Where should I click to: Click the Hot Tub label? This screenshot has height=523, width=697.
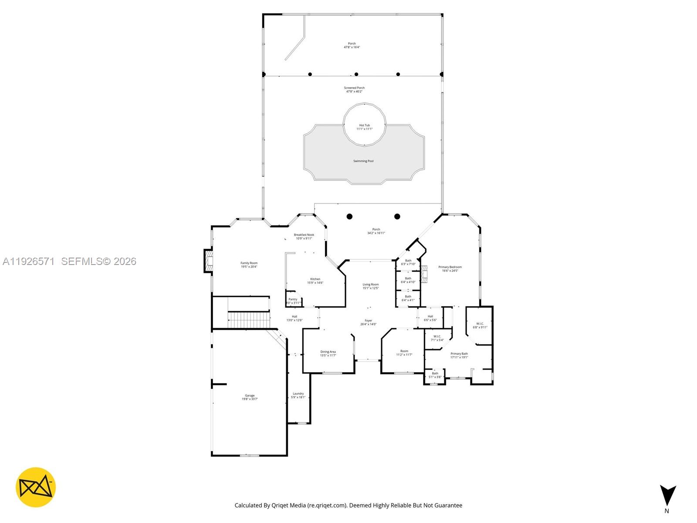pos(364,126)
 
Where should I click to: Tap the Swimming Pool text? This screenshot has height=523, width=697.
pos(363,161)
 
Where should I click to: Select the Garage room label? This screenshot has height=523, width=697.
pos(250,396)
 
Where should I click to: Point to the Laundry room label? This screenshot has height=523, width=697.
pos(298,394)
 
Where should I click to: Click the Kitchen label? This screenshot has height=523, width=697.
pos(315,279)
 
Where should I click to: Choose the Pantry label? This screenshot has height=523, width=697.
pos(293,299)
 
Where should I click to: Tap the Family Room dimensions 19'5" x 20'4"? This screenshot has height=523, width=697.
pos(249,267)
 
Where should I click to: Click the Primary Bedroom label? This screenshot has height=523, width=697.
pos(450,267)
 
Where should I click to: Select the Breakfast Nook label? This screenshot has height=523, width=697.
pos(304,235)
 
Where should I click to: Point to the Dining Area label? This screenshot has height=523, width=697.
pos(328,352)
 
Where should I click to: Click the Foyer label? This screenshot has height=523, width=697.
pos(368,321)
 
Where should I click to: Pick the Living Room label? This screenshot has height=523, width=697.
pos(371,285)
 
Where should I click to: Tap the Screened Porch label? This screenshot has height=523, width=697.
pos(354,88)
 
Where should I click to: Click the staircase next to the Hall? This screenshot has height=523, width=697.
pos(248,319)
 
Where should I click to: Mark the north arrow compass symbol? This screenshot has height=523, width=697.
pos(667,496)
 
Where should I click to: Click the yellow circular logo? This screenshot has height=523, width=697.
pos(36,487)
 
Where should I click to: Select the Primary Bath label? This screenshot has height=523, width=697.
pos(459,354)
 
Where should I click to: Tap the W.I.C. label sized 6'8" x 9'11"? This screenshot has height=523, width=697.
pos(480,324)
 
